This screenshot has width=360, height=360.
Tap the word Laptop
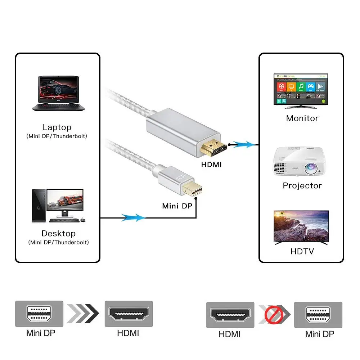[x=57, y=127]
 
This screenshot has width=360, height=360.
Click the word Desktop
[x=58, y=233]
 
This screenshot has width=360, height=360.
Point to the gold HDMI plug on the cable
[x=213, y=148]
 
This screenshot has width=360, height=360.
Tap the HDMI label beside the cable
[x=211, y=165]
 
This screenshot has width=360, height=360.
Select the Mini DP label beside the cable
[x=177, y=206]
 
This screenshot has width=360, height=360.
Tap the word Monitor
[x=302, y=118]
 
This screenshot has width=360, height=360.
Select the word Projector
[x=302, y=185]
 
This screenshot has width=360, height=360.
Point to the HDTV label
[x=302, y=251]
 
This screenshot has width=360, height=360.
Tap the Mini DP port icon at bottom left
[x=39, y=314]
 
